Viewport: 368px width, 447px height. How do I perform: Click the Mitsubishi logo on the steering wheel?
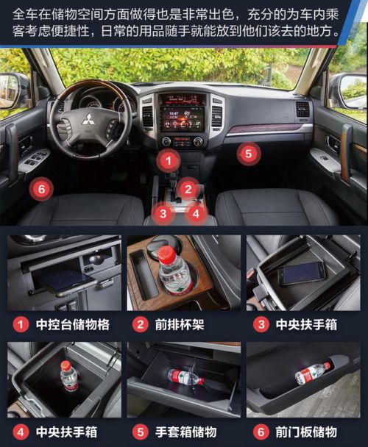tap(87, 119)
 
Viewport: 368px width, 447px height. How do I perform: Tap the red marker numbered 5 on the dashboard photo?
tap(249, 154)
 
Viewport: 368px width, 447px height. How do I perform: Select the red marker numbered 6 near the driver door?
tap(42, 189)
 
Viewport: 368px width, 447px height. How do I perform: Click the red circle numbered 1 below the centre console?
tap(169, 160)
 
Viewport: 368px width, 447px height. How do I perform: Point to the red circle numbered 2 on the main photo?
tap(188, 189)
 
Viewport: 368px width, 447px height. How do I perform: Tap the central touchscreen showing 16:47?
tap(182, 118)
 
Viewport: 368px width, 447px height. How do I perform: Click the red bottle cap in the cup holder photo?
tap(166, 254)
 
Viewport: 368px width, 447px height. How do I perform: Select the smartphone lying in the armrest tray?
tap(301, 273)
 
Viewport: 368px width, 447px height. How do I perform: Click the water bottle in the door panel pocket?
tap(312, 373)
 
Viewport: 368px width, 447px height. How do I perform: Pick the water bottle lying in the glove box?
tap(186, 377)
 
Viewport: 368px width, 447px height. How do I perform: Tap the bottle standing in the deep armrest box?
tap(68, 376)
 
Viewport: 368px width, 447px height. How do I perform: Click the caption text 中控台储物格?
tap(73, 325)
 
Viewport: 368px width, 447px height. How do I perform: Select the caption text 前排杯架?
tap(180, 325)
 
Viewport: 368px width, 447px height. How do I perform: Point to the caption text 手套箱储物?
tap(186, 432)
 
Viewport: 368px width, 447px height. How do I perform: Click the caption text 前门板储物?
tap(306, 432)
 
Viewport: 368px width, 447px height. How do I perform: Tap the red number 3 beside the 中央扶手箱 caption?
tap(261, 325)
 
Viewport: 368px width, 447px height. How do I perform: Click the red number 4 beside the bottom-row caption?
tap(21, 432)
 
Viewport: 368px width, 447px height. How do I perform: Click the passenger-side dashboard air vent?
tap(302, 110)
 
